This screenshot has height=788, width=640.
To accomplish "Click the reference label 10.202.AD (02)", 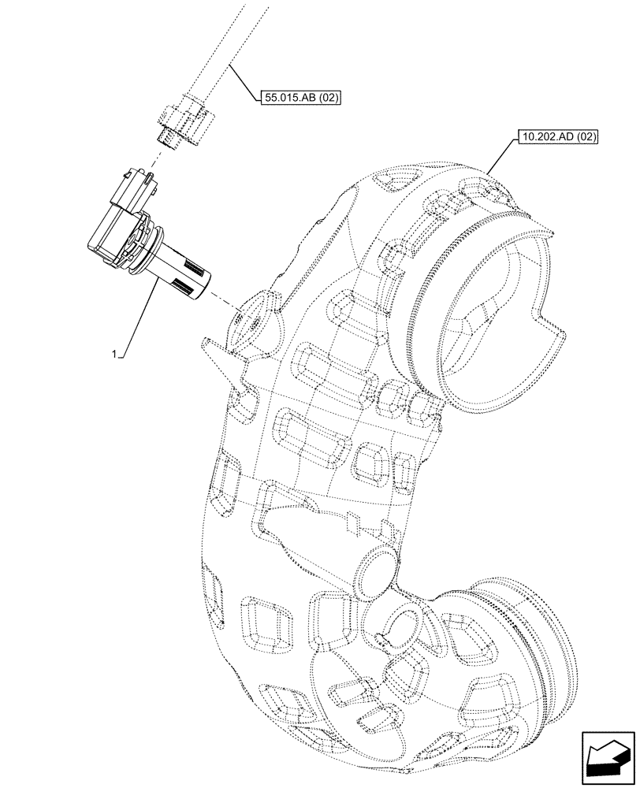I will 558,136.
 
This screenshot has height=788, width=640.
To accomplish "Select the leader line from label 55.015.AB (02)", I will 244,83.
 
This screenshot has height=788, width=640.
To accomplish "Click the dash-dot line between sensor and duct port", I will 225,303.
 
